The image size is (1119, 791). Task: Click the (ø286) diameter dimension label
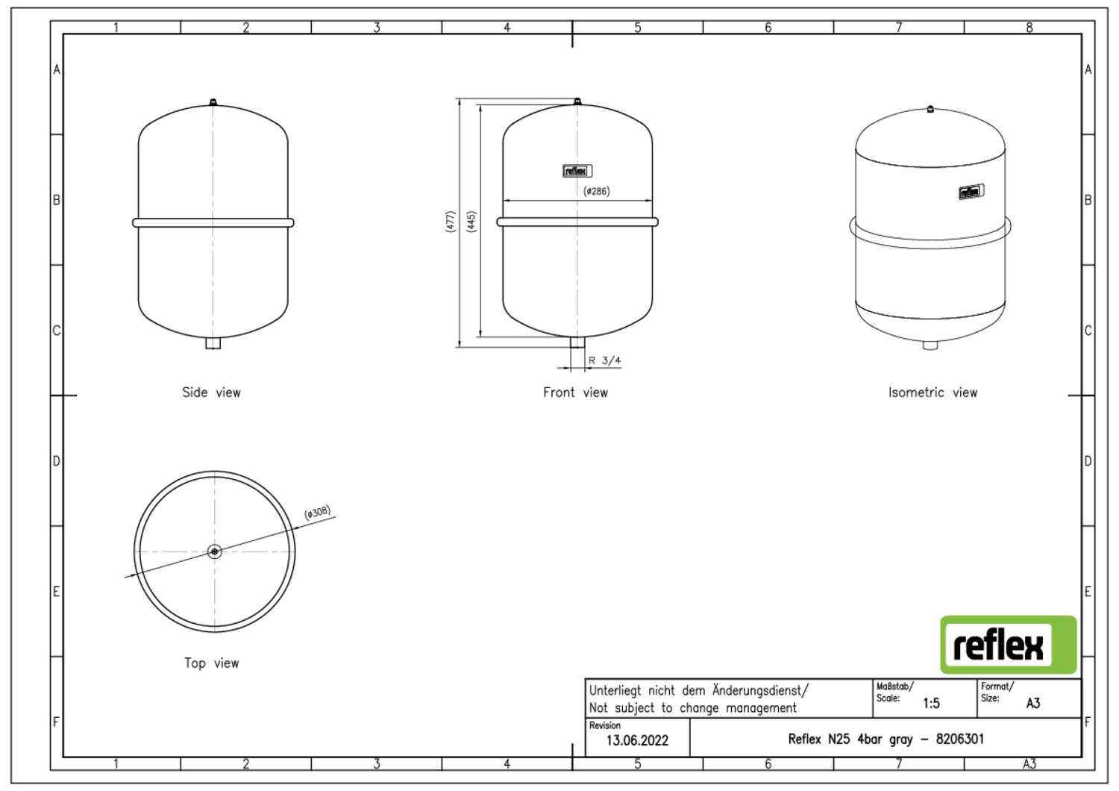(x=597, y=191)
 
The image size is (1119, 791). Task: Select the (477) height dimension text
(x=450, y=222)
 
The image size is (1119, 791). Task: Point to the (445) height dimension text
(x=471, y=222)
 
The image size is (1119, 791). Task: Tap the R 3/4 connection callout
(x=604, y=360)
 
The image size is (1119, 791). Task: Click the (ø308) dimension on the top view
(x=318, y=512)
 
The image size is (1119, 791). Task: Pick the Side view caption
(x=211, y=393)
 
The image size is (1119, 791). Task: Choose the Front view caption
(x=575, y=393)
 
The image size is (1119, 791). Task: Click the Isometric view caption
(x=932, y=393)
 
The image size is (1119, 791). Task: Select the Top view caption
(x=211, y=663)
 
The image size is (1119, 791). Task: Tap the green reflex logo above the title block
(x=1008, y=645)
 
